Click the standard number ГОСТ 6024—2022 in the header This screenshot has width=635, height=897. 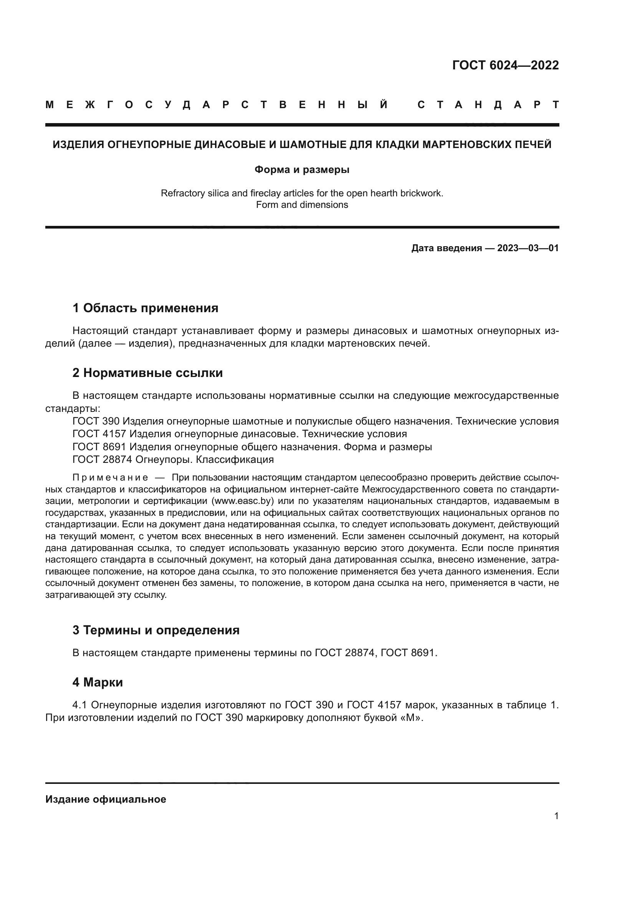pyautogui.click(x=505, y=65)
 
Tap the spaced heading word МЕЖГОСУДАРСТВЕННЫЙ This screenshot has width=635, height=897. pyautogui.click(x=217, y=105)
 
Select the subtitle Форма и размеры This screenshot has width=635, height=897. pyautogui.click(x=302, y=170)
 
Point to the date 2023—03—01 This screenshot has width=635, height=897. pyautogui.click(x=528, y=248)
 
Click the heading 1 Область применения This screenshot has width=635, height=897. pyautogui.click(x=145, y=308)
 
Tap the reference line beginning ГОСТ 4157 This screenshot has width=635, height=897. pyautogui.click(x=239, y=434)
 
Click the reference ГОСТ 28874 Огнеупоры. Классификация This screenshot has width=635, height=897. pyautogui.click(x=173, y=459)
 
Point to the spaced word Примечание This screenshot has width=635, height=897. pyautogui.click(x=110, y=477)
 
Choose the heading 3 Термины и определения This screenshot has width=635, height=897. pyautogui.click(x=155, y=630)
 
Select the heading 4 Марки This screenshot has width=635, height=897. pyautogui.click(x=98, y=682)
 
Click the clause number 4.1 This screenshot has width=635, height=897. pyautogui.click(x=80, y=705)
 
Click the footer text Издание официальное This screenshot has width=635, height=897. pyautogui.click(x=106, y=799)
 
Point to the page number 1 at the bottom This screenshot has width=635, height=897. pyautogui.click(x=556, y=816)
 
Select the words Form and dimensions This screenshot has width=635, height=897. pyautogui.click(x=302, y=205)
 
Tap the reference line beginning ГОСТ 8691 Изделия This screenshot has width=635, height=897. pyautogui.click(x=252, y=446)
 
